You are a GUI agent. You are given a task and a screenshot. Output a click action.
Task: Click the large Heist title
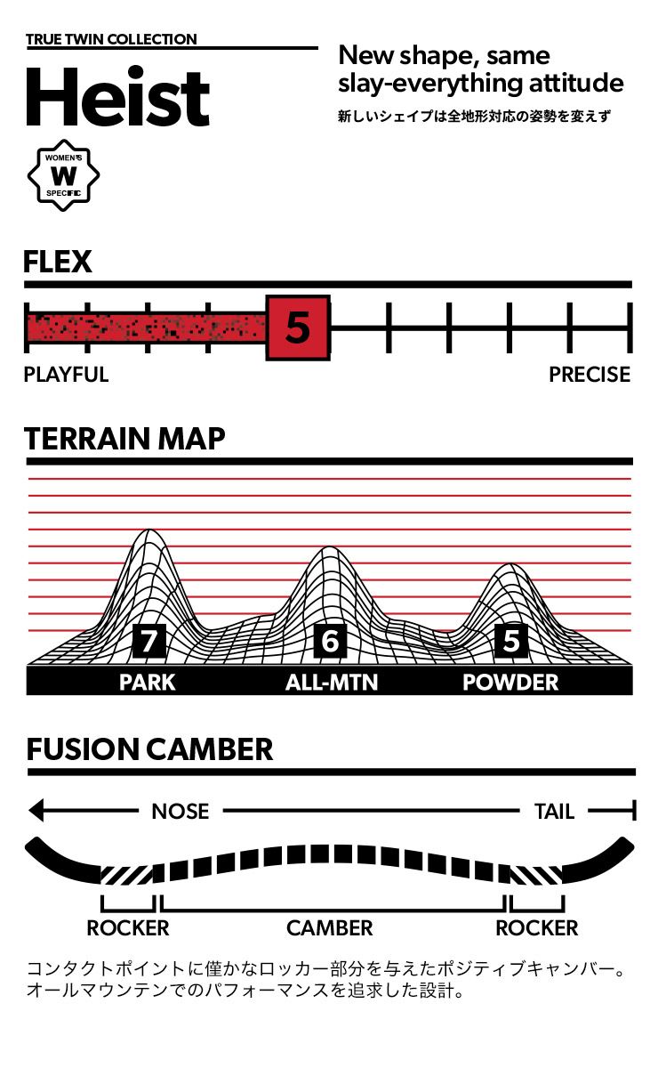click(117, 97)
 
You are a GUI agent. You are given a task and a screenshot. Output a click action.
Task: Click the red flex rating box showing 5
click(298, 328)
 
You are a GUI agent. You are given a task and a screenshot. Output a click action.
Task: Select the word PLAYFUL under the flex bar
click(66, 375)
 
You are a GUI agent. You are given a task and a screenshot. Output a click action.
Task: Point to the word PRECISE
click(589, 375)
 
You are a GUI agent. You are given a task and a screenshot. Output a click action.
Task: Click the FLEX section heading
click(58, 262)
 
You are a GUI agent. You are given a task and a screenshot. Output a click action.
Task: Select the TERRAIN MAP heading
click(124, 439)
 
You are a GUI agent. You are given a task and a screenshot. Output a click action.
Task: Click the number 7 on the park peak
click(148, 641)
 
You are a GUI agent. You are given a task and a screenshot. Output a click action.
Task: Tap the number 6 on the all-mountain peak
click(330, 641)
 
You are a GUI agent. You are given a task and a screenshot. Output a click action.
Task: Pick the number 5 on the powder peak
click(510, 641)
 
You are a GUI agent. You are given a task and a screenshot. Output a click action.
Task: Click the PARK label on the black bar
click(148, 683)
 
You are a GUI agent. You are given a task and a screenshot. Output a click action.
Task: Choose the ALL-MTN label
click(332, 683)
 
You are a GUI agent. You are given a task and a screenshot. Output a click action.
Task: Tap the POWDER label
click(510, 683)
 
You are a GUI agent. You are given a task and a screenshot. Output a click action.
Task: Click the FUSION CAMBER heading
click(149, 749)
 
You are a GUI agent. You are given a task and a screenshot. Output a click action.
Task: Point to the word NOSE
click(181, 811)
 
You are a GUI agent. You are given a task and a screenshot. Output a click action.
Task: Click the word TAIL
click(554, 811)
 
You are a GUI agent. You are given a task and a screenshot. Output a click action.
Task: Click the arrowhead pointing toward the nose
click(36, 811)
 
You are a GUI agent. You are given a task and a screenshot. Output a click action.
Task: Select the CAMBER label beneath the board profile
click(329, 928)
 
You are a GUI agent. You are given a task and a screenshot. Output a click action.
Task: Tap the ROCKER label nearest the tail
click(536, 928)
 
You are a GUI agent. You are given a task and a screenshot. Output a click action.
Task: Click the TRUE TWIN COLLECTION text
click(111, 39)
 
